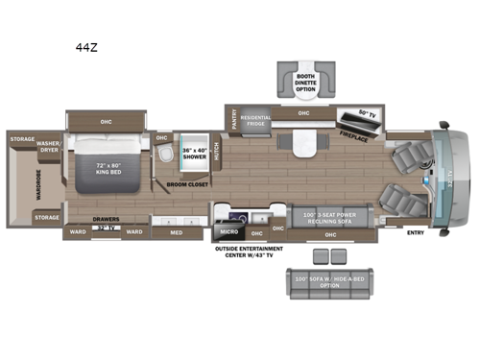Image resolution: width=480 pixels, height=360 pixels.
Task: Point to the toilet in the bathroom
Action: (166, 154)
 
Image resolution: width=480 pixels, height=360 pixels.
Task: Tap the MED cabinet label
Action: (176, 231)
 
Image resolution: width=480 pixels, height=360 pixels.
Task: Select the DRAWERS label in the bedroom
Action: (106, 220)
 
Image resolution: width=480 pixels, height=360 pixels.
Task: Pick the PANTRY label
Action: (233, 119)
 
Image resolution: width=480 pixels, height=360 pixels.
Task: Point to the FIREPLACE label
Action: (354, 138)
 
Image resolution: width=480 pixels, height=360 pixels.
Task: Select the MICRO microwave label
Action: (228, 231)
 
